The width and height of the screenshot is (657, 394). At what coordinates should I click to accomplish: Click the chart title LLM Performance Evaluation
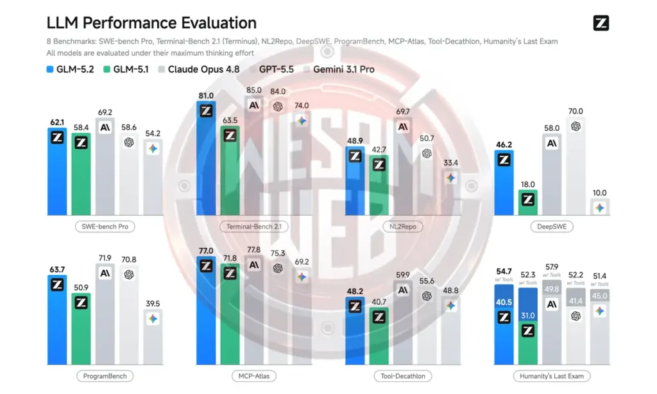tap(151, 22)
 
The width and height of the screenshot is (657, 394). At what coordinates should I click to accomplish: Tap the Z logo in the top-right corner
tap(601, 23)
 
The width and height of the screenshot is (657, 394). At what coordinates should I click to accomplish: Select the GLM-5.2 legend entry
tap(71, 69)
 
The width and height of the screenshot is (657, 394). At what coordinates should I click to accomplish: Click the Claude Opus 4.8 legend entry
tap(199, 69)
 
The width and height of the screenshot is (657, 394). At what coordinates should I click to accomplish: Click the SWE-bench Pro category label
tap(105, 227)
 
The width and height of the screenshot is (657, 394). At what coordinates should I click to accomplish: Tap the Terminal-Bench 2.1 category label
tap(254, 227)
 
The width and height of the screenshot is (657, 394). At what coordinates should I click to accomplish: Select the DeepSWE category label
tap(551, 227)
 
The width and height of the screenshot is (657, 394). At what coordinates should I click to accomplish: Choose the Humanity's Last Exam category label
tap(551, 376)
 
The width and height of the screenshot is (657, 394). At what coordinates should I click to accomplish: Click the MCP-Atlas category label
tap(254, 376)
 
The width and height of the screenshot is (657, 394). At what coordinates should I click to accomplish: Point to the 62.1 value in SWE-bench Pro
tap(57, 123)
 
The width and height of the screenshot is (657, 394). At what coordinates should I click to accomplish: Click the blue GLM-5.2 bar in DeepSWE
tap(504, 183)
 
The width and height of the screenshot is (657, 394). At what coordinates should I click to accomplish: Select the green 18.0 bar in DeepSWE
tap(527, 203)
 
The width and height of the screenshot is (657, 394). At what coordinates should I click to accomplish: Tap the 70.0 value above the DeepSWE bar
tap(576, 112)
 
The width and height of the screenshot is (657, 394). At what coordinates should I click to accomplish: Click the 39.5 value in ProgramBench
tap(153, 304)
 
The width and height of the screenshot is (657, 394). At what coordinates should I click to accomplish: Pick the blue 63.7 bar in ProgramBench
tap(57, 320)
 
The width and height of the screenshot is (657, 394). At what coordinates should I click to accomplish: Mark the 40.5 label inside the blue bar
tap(504, 302)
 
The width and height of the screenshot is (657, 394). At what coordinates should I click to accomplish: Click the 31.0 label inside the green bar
tap(527, 316)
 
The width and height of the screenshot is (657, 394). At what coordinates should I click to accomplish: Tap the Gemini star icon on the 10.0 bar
tap(600, 208)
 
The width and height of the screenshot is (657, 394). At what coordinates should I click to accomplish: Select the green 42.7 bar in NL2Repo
tap(379, 185)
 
